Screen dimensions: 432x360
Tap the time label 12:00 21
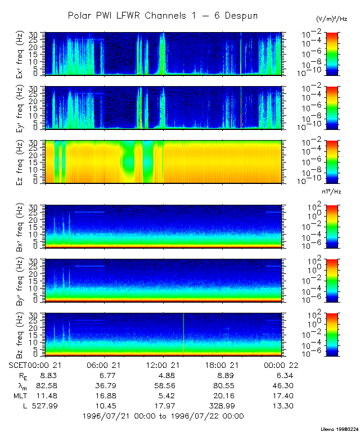[x=163, y=364]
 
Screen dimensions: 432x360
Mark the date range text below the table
[x=163, y=417]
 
